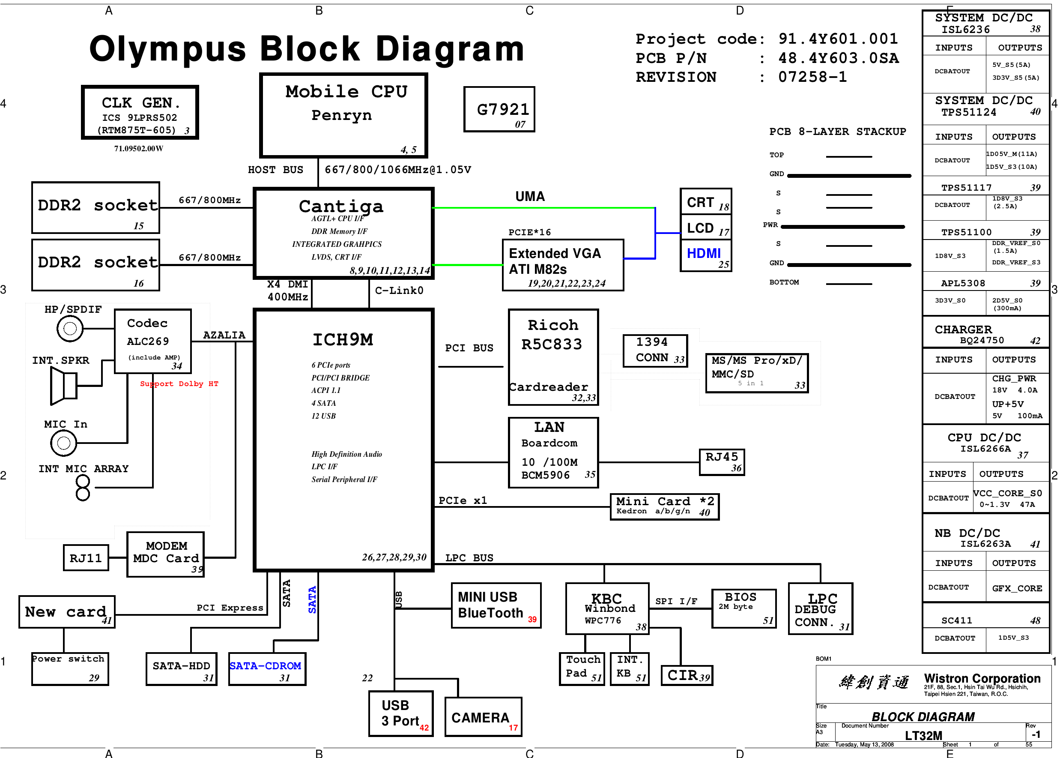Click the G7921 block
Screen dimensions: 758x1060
click(499, 110)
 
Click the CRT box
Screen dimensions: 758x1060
click(705, 202)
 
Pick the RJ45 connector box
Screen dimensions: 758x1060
click(721, 462)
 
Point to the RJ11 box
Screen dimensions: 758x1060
click(86, 558)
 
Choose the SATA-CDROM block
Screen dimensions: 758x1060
click(267, 669)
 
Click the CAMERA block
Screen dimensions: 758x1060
click(483, 717)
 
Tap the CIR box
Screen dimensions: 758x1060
click(686, 675)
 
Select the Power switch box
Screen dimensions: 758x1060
click(70, 669)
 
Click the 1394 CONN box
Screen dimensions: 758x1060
click(654, 351)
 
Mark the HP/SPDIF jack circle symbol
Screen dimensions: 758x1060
click(70, 329)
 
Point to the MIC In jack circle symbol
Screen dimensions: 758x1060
click(63, 443)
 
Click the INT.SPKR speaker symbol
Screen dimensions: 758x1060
click(64, 386)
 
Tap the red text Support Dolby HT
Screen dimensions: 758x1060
click(179, 383)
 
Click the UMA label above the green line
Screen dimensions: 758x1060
click(529, 197)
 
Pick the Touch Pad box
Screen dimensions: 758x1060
click(582, 669)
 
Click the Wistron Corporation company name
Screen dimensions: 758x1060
click(982, 678)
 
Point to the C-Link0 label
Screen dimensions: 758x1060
click(399, 291)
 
